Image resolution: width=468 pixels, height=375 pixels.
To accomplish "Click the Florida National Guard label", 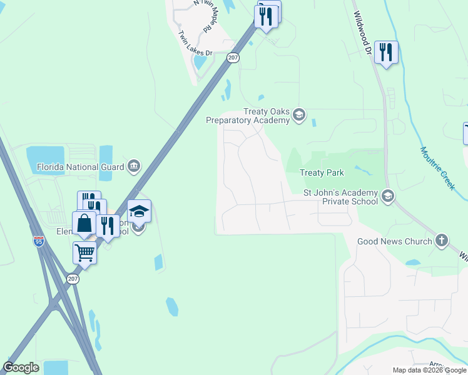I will point(76,167).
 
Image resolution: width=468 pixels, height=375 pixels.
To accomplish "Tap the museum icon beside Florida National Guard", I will point(133,166).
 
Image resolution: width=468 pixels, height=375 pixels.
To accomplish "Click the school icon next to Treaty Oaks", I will point(298,114).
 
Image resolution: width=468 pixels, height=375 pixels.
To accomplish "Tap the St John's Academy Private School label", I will point(340,197).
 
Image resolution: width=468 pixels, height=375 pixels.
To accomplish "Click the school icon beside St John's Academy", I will point(387,197).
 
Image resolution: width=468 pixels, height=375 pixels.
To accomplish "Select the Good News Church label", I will point(394,241).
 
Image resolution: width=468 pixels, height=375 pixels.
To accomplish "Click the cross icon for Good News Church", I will point(442,241).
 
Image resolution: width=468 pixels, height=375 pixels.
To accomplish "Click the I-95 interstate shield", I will point(39,242).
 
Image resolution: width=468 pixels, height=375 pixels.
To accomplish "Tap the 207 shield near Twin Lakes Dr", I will point(233,57).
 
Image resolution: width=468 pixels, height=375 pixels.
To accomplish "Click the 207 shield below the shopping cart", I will point(73,279).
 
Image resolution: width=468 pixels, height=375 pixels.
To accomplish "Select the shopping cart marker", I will point(84,253).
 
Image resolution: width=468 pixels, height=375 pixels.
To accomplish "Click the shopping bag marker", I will point(84,222).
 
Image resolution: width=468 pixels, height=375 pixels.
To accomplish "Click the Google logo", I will point(21,367).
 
